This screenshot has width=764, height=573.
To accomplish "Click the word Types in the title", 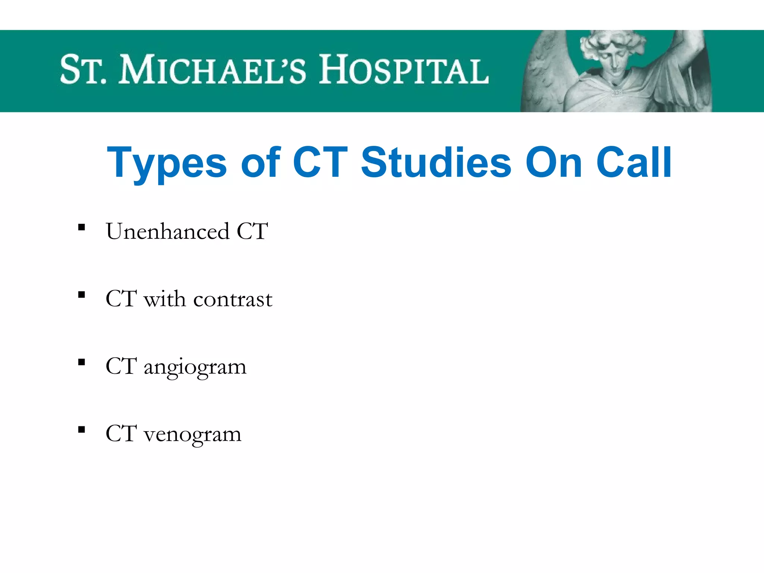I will (x=166, y=163).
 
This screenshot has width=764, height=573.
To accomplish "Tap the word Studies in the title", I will (x=436, y=163).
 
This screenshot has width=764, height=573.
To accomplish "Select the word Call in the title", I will (x=634, y=163).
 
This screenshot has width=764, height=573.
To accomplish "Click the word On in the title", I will (x=554, y=163).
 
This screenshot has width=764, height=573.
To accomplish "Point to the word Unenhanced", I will (x=167, y=231).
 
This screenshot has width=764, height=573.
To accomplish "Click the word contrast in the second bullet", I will (x=233, y=299).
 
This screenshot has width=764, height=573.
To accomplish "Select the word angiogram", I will (x=195, y=367).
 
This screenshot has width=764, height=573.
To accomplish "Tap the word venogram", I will (x=192, y=434).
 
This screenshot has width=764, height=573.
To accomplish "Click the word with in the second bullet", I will (x=165, y=299).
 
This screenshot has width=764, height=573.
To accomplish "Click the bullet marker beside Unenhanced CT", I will (x=82, y=227).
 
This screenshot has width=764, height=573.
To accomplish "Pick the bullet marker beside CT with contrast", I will (x=82, y=295).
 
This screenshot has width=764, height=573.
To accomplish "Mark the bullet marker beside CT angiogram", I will (x=82, y=362).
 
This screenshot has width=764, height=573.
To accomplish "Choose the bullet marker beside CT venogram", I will (x=82, y=430).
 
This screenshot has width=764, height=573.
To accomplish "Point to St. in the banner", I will (x=83, y=70).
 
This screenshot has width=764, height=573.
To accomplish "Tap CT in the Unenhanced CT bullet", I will (x=252, y=231).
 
